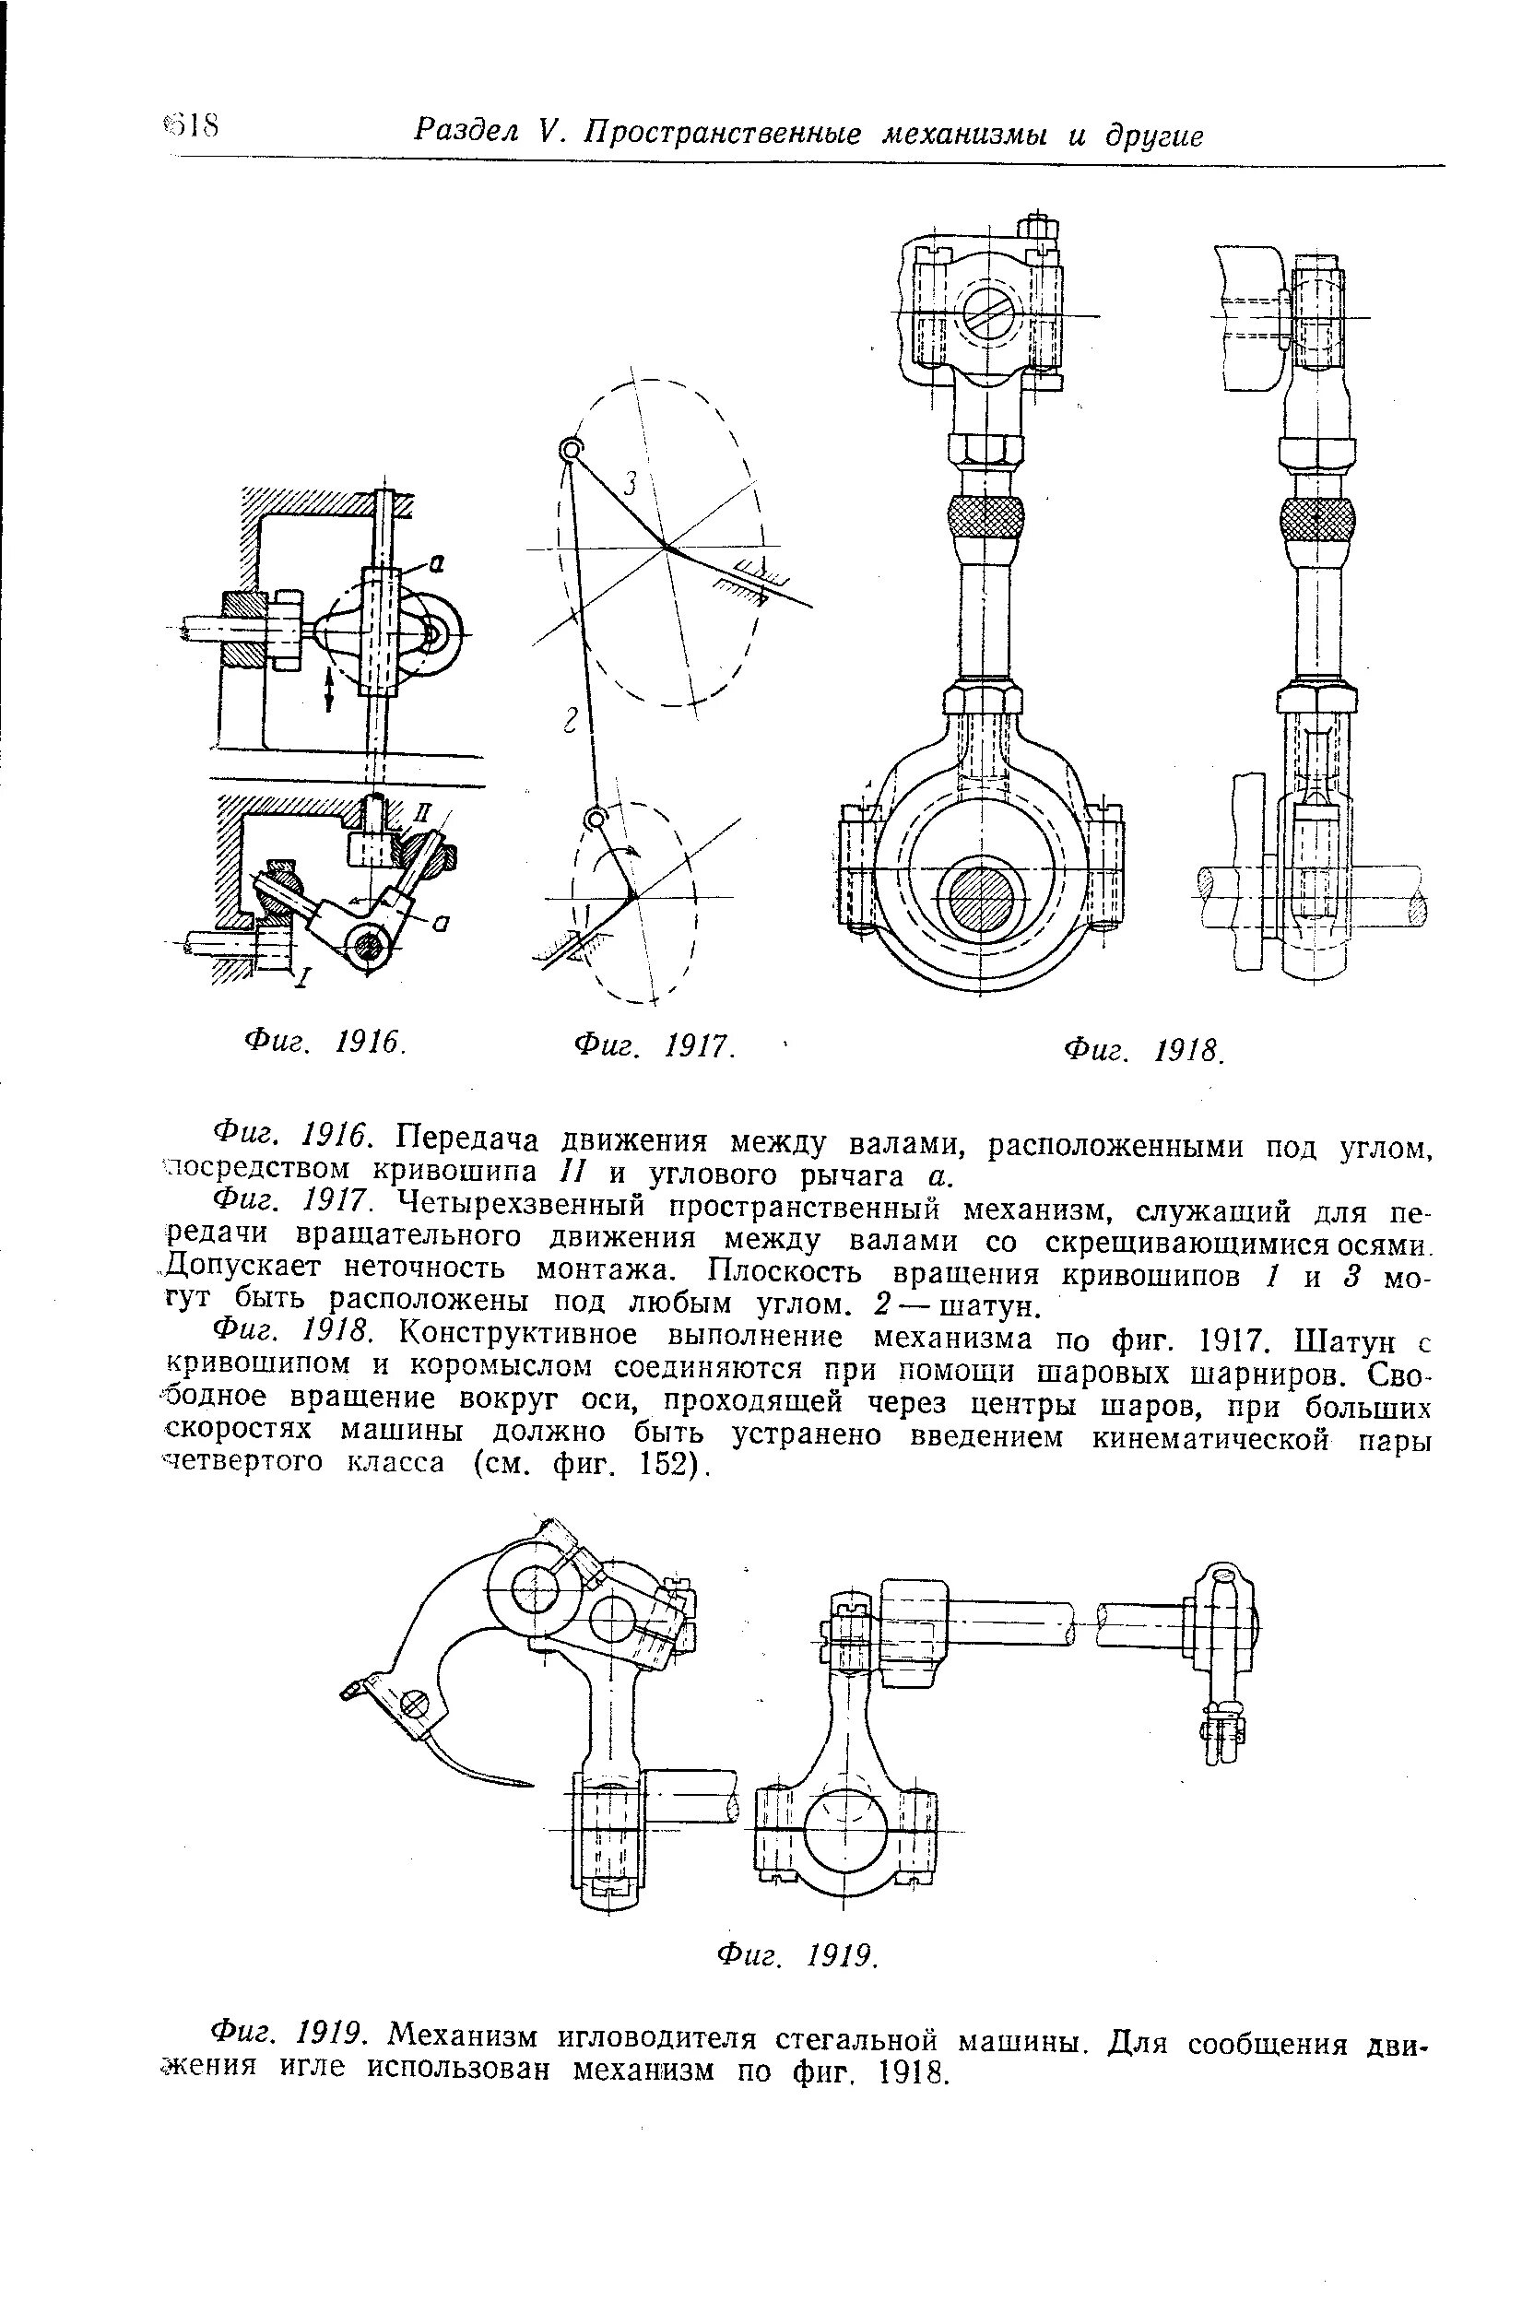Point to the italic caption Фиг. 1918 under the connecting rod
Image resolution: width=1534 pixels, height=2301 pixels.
1143,1051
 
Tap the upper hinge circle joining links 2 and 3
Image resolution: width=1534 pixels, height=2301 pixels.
570,450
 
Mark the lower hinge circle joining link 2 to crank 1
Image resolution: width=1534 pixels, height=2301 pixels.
594,818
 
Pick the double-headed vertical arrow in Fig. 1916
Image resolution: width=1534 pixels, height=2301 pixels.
330,689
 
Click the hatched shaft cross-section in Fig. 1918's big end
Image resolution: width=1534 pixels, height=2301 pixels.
981,896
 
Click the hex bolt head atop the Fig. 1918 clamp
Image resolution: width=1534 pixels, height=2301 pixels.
1038,228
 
